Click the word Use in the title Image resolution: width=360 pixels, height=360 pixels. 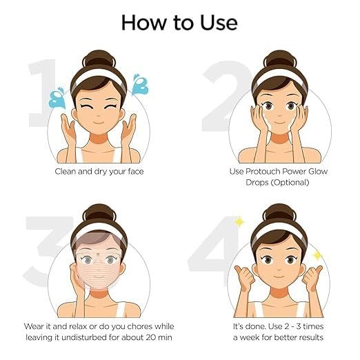coord(219,23)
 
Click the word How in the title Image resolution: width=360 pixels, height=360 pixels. coord(144,23)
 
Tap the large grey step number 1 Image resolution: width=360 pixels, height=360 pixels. coord(41,92)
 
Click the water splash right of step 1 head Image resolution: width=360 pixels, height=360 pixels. coord(140,85)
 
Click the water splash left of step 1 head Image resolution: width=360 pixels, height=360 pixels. coord(57,99)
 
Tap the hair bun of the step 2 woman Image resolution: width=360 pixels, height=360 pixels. coord(280,59)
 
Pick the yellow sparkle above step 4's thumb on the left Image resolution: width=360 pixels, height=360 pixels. coord(239,222)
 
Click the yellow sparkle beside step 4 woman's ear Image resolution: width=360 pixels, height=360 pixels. coord(318,255)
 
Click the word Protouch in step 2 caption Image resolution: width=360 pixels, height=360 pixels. coord(263,172)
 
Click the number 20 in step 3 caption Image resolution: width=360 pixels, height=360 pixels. coord(152,337)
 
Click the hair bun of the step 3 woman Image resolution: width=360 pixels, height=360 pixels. coord(99,213)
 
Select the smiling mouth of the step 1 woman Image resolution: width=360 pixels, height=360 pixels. coord(99,123)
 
